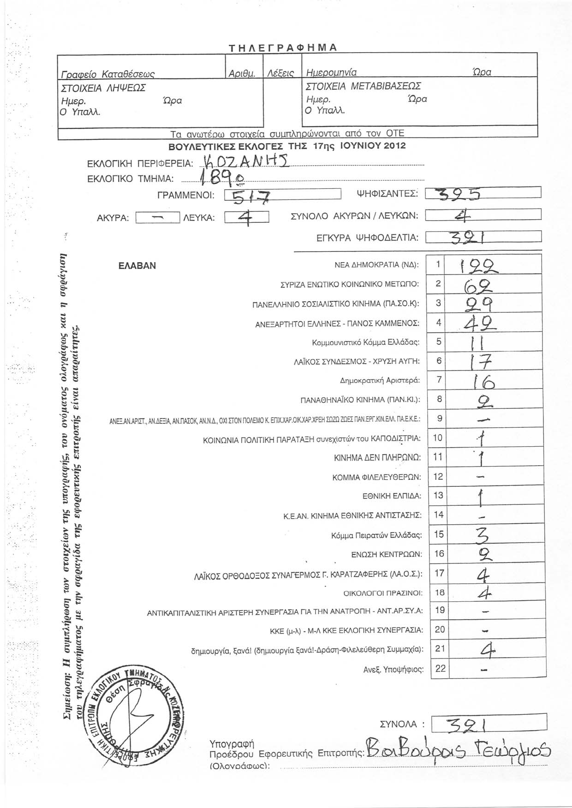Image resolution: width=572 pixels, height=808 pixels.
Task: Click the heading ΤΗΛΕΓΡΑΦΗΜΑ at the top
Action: pos(283,48)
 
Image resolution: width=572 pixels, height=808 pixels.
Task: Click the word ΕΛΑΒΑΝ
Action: pos(137,266)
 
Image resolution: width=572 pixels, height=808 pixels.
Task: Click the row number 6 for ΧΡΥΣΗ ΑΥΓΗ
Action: pos(439,361)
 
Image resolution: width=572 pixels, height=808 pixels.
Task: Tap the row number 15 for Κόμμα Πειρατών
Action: pos(439,534)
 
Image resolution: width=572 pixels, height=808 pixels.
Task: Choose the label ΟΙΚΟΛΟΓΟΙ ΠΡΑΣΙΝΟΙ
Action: pos(383,593)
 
